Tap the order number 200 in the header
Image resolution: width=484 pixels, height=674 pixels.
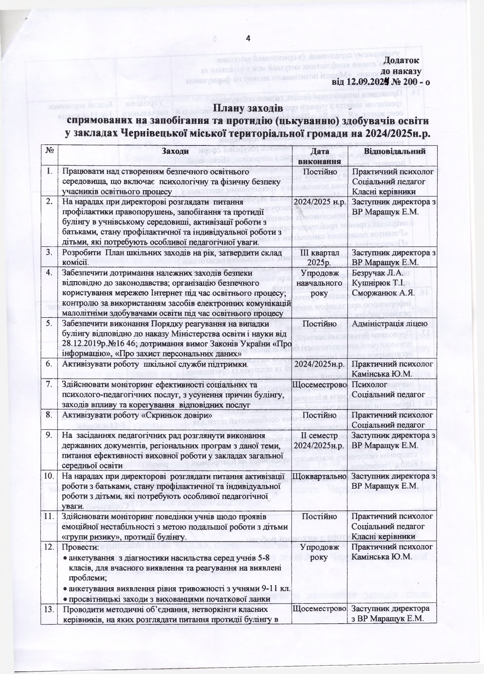[x=406, y=81]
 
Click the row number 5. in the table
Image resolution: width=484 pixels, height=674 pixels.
[x=50, y=324]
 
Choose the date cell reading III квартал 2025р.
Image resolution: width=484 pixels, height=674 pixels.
[x=320, y=258]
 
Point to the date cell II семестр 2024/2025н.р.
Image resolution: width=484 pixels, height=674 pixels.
[x=320, y=441]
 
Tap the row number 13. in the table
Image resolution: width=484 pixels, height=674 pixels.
[x=50, y=610]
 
